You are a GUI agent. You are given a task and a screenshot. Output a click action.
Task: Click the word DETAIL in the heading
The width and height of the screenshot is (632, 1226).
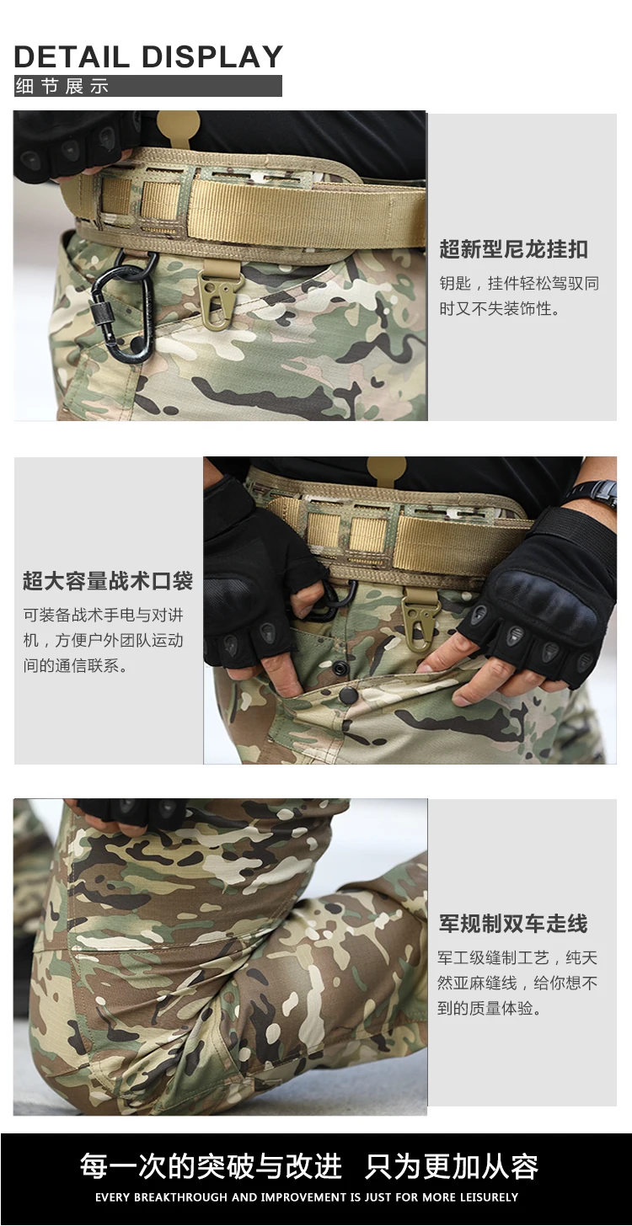pos(71,57)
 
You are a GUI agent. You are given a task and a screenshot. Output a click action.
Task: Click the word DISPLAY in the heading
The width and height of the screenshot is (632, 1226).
pos(212,57)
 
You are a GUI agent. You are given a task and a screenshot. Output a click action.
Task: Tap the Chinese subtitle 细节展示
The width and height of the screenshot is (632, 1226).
pos(62,86)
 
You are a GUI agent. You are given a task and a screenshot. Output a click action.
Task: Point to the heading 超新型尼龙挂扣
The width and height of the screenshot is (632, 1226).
pos(514,249)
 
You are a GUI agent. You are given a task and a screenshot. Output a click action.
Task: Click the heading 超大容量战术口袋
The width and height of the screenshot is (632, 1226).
pos(108,581)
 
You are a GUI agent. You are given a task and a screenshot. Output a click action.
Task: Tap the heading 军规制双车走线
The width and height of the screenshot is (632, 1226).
pos(513,924)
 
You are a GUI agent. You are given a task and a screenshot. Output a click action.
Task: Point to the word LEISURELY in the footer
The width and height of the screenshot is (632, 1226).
pos(490,1197)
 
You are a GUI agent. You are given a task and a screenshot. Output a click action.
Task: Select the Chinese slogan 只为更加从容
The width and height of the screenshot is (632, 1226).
pos(453,1166)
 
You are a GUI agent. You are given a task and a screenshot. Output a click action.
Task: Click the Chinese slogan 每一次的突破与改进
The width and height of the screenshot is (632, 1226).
pos(211,1166)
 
